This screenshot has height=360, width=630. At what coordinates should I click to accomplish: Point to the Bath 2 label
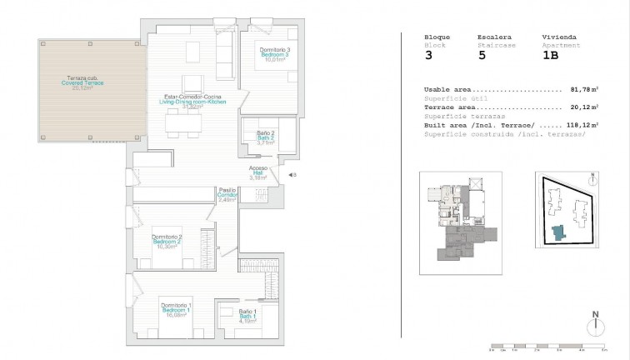tap(265, 137)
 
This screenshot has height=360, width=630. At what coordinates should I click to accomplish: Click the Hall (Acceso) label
tap(258, 172)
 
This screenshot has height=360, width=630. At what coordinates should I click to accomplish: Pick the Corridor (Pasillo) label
tap(227, 194)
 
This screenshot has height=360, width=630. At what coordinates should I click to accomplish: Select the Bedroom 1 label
tap(176, 310)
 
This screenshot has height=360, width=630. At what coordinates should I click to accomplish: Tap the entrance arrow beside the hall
tap(292, 175)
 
